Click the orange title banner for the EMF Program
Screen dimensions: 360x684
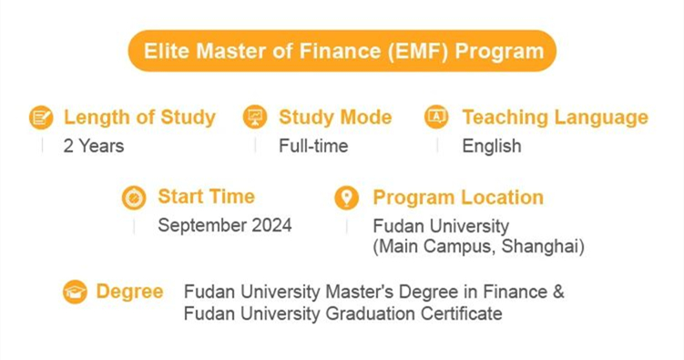(342, 50)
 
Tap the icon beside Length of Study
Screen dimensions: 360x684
(41, 118)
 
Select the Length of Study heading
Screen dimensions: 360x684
(139, 118)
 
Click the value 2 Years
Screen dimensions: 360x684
(94, 146)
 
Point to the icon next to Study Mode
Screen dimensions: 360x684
(255, 118)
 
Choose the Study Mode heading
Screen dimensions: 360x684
(335, 118)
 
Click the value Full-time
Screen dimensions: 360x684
(313, 146)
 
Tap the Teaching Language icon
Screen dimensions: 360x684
(437, 118)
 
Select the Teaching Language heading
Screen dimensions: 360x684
(555, 118)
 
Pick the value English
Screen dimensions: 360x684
(492, 146)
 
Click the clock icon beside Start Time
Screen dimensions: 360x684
(134, 198)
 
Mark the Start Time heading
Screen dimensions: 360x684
(206, 197)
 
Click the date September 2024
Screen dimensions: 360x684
(225, 226)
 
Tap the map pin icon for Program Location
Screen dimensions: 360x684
(346, 198)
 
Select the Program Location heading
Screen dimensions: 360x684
(458, 198)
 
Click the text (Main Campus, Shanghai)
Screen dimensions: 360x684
(478, 246)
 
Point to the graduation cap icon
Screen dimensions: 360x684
(75, 293)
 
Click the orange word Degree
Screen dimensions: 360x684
(129, 292)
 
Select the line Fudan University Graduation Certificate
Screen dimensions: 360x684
(342, 314)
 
